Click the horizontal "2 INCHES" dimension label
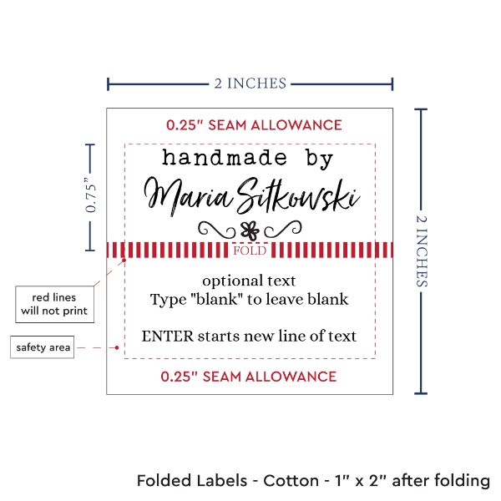[x=250, y=83]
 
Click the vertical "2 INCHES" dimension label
[x=425, y=250]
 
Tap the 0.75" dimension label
[x=91, y=196]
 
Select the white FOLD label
[x=250, y=250]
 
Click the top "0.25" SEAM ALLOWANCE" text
[x=254, y=125]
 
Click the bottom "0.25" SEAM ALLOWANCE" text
[x=250, y=376]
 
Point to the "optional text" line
[x=249, y=281]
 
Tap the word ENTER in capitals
[x=164, y=336]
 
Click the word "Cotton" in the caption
[x=290, y=481]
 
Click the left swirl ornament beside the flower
[x=215, y=228]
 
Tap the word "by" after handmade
[x=316, y=157]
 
